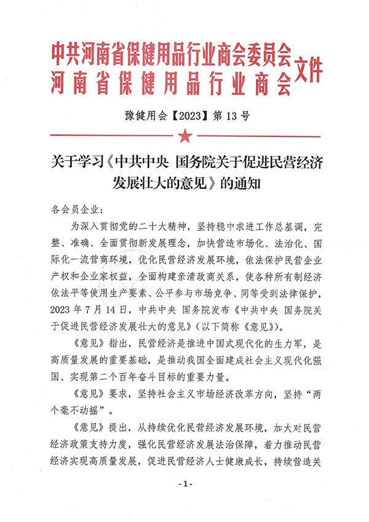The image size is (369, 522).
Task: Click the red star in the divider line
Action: point(184,136)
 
